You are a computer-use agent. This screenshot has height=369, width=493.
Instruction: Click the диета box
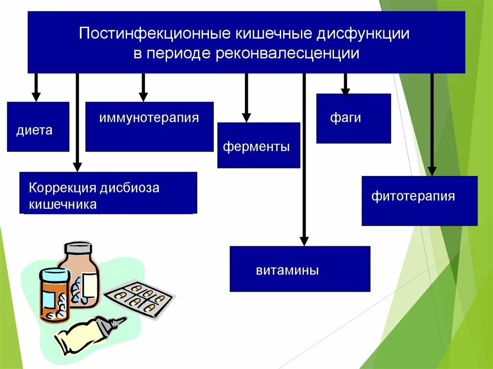click(x=38, y=127)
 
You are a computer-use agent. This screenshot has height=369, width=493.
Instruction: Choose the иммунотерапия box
click(x=149, y=127)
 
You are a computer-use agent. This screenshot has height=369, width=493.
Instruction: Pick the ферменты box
click(x=259, y=145)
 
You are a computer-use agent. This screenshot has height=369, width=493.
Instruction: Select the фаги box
click(x=353, y=118)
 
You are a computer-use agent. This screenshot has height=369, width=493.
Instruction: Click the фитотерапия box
click(x=419, y=200)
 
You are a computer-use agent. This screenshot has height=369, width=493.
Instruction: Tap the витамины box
click(x=299, y=269)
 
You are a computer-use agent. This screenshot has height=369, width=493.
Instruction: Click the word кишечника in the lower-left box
click(x=63, y=204)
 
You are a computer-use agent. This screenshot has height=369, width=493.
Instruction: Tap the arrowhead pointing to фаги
click(x=345, y=91)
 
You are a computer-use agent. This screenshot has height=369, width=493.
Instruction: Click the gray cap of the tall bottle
click(x=78, y=248)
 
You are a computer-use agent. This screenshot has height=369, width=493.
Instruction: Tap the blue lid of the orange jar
click(x=53, y=277)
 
